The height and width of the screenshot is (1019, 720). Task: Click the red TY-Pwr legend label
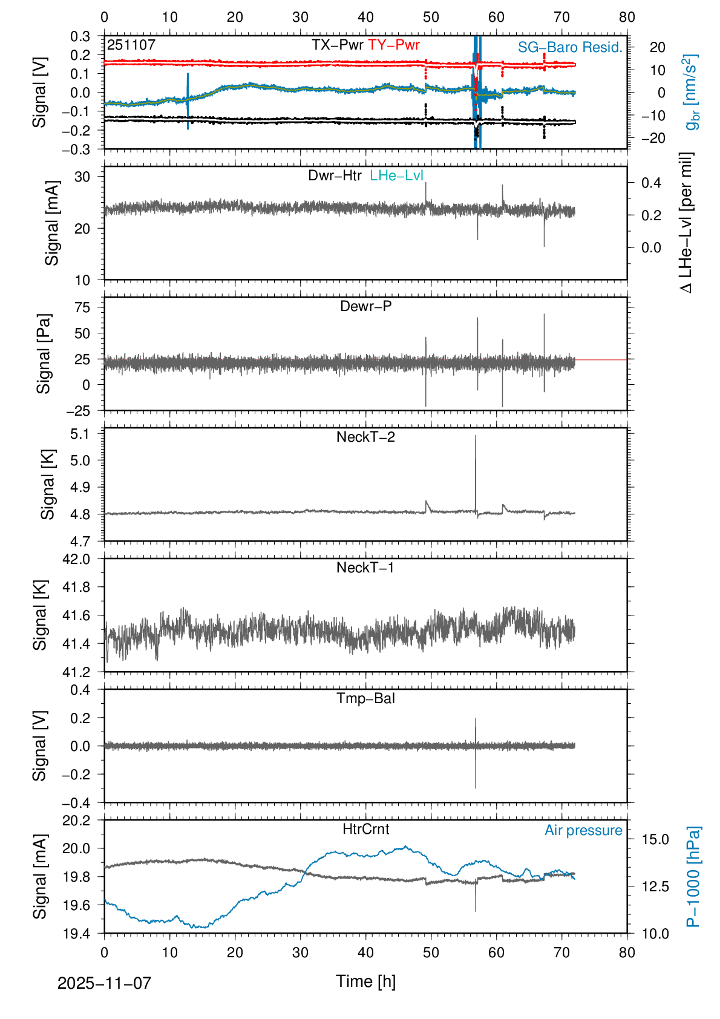click(393, 45)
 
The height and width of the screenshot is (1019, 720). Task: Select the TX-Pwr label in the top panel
click(338, 45)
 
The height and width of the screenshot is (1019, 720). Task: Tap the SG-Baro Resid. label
click(570, 47)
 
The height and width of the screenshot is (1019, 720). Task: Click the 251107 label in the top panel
click(131, 45)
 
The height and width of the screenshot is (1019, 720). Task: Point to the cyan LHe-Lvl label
click(396, 175)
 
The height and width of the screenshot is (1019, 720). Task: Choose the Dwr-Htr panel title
click(335, 175)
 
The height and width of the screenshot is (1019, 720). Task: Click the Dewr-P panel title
click(365, 306)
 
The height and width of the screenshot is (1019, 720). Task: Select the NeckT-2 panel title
click(365, 437)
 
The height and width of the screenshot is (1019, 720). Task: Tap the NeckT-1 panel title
click(365, 568)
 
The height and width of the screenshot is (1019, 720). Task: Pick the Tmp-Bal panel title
click(365, 698)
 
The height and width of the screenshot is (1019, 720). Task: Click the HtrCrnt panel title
click(365, 829)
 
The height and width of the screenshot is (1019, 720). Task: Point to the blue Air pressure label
click(583, 830)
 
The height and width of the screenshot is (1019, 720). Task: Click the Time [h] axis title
click(365, 981)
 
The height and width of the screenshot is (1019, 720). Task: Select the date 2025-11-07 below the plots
click(104, 983)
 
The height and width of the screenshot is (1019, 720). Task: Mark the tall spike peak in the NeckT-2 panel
click(476, 436)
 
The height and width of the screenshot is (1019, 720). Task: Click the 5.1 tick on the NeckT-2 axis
click(80, 434)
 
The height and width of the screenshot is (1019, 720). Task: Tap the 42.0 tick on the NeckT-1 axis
click(76, 559)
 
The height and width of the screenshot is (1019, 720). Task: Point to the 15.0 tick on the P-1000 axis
click(655, 839)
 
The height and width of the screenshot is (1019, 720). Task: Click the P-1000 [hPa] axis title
click(693, 877)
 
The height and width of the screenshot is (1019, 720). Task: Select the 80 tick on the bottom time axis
click(627, 952)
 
